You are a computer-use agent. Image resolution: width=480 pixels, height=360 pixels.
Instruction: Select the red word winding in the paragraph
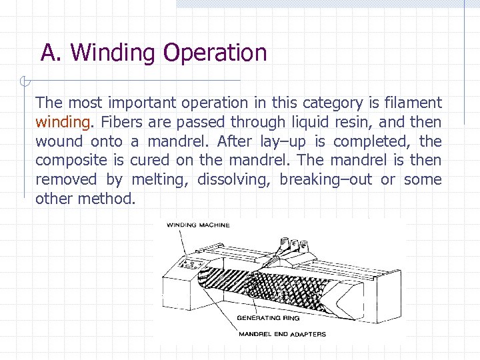point(62,122)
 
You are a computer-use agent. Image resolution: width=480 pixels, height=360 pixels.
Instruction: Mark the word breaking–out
point(325,180)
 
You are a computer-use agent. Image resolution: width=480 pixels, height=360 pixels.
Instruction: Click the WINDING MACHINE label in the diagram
point(198,225)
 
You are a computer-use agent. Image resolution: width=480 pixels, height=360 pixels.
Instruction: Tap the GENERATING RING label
point(268,318)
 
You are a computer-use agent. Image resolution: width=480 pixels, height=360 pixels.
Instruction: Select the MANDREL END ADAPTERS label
point(282,334)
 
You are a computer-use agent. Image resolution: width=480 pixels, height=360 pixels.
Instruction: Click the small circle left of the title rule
point(23,82)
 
